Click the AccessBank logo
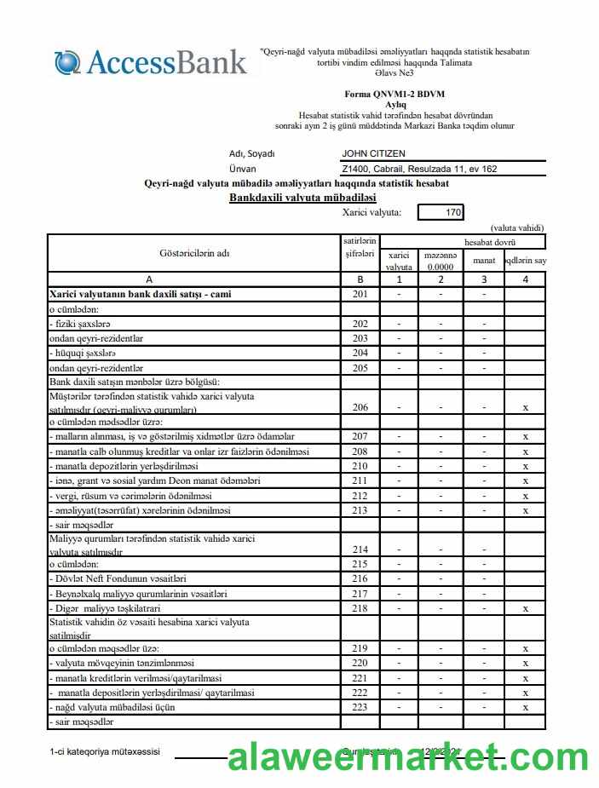[x=152, y=62]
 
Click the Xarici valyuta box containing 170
[x=441, y=212]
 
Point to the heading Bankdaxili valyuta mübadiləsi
[x=302, y=197]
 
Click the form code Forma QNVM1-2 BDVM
[x=395, y=94]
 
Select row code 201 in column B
[x=360, y=294]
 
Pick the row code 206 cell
[x=360, y=407]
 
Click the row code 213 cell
[x=360, y=510]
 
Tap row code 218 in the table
[x=360, y=608]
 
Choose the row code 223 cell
[x=360, y=706]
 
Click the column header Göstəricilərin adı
[x=193, y=253]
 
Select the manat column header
[x=483, y=260]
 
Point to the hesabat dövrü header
[x=483, y=242]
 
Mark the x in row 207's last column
[x=526, y=436]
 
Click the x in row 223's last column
[x=526, y=706]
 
